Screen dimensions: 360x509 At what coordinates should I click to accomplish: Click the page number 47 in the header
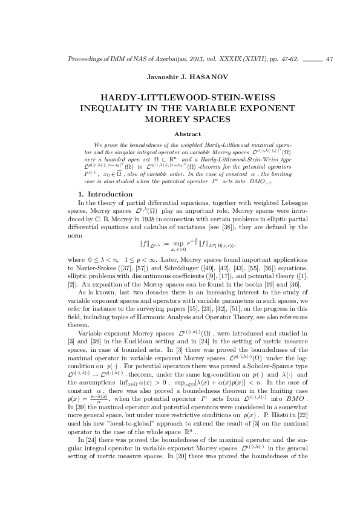tap(329, 59)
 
